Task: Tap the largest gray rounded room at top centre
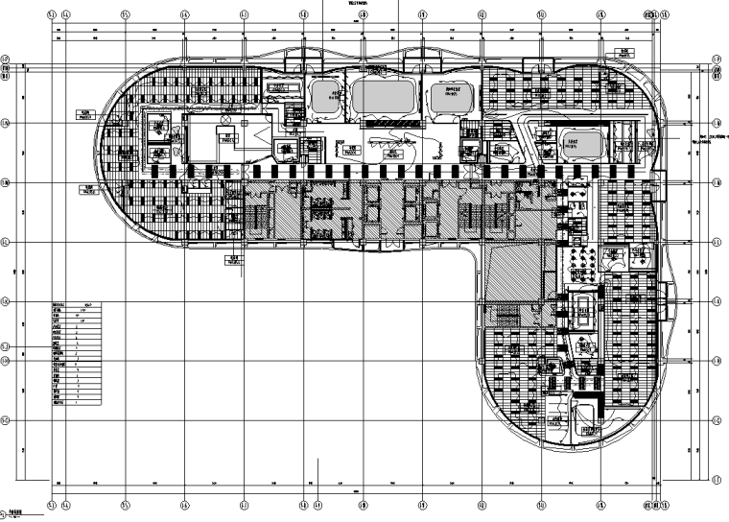click(383, 97)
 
